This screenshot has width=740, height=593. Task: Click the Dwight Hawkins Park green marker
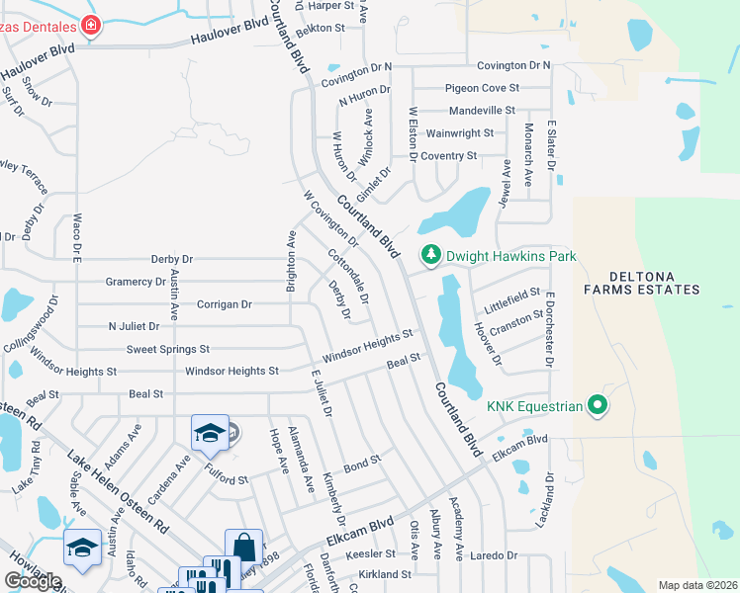(430, 256)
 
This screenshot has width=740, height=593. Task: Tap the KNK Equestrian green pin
(597, 404)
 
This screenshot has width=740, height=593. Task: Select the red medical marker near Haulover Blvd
(91, 25)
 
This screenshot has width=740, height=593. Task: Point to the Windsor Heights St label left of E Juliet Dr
(232, 372)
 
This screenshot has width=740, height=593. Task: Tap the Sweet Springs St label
(168, 349)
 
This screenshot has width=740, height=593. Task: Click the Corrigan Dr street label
(225, 304)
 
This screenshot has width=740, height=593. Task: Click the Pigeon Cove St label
(482, 88)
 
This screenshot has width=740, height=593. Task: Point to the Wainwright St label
(459, 133)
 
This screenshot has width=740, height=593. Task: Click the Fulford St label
(228, 478)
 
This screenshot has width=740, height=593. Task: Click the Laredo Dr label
(494, 556)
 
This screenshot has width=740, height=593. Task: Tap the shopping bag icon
(243, 547)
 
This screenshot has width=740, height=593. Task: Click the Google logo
(34, 582)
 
